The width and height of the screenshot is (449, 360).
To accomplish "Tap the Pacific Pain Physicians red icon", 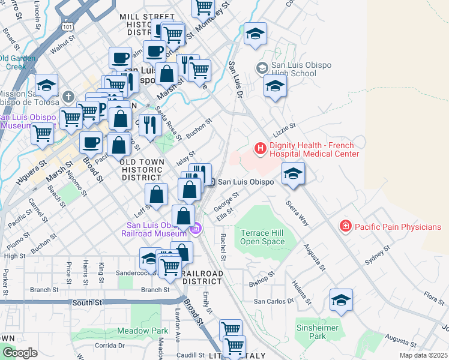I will (345, 227).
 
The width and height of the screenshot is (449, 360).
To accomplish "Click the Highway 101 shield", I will (68, 26).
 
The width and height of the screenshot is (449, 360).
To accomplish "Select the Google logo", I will (19, 353).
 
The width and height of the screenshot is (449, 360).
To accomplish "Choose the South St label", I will (86, 303).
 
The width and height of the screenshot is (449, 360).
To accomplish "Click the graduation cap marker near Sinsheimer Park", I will (341, 301).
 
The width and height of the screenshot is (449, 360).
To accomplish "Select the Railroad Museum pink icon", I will (195, 229).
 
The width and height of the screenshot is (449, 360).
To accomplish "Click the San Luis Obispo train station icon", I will (211, 181).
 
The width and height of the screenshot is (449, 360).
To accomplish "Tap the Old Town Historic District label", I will (141, 170).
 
